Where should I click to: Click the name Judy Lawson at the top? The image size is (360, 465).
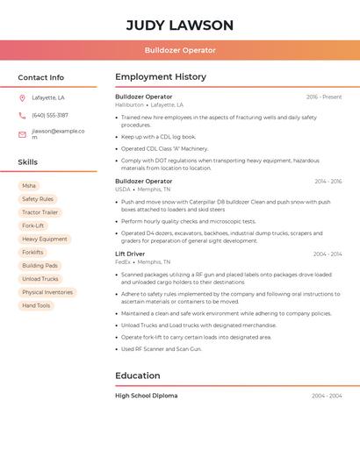(x=179, y=25)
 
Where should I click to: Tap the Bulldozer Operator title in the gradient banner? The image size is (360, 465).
(x=179, y=50)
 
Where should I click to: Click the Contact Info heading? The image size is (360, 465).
(x=41, y=77)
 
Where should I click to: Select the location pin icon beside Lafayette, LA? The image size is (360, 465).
(x=22, y=97)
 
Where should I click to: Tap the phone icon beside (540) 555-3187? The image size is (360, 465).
(x=22, y=115)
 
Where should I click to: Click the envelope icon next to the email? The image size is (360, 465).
(x=22, y=134)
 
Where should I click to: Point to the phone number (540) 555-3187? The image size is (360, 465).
(x=50, y=115)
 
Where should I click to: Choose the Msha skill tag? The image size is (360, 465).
(x=29, y=186)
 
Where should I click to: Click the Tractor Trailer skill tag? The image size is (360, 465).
(x=40, y=212)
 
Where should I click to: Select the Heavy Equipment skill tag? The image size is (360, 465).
(x=44, y=239)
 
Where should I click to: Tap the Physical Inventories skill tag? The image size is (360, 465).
(x=47, y=292)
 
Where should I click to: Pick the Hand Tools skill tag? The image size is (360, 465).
(x=36, y=305)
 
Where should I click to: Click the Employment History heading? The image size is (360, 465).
(x=161, y=76)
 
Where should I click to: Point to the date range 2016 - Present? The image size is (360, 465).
(x=323, y=97)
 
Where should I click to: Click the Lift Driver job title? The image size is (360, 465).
(x=130, y=254)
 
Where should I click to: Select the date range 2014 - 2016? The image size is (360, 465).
(x=327, y=182)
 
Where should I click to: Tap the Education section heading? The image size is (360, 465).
(x=137, y=376)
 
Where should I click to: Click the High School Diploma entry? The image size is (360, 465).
(x=146, y=396)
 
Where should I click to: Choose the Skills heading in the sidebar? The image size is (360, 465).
(x=28, y=162)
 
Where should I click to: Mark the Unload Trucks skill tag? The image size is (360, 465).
(x=40, y=279)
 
